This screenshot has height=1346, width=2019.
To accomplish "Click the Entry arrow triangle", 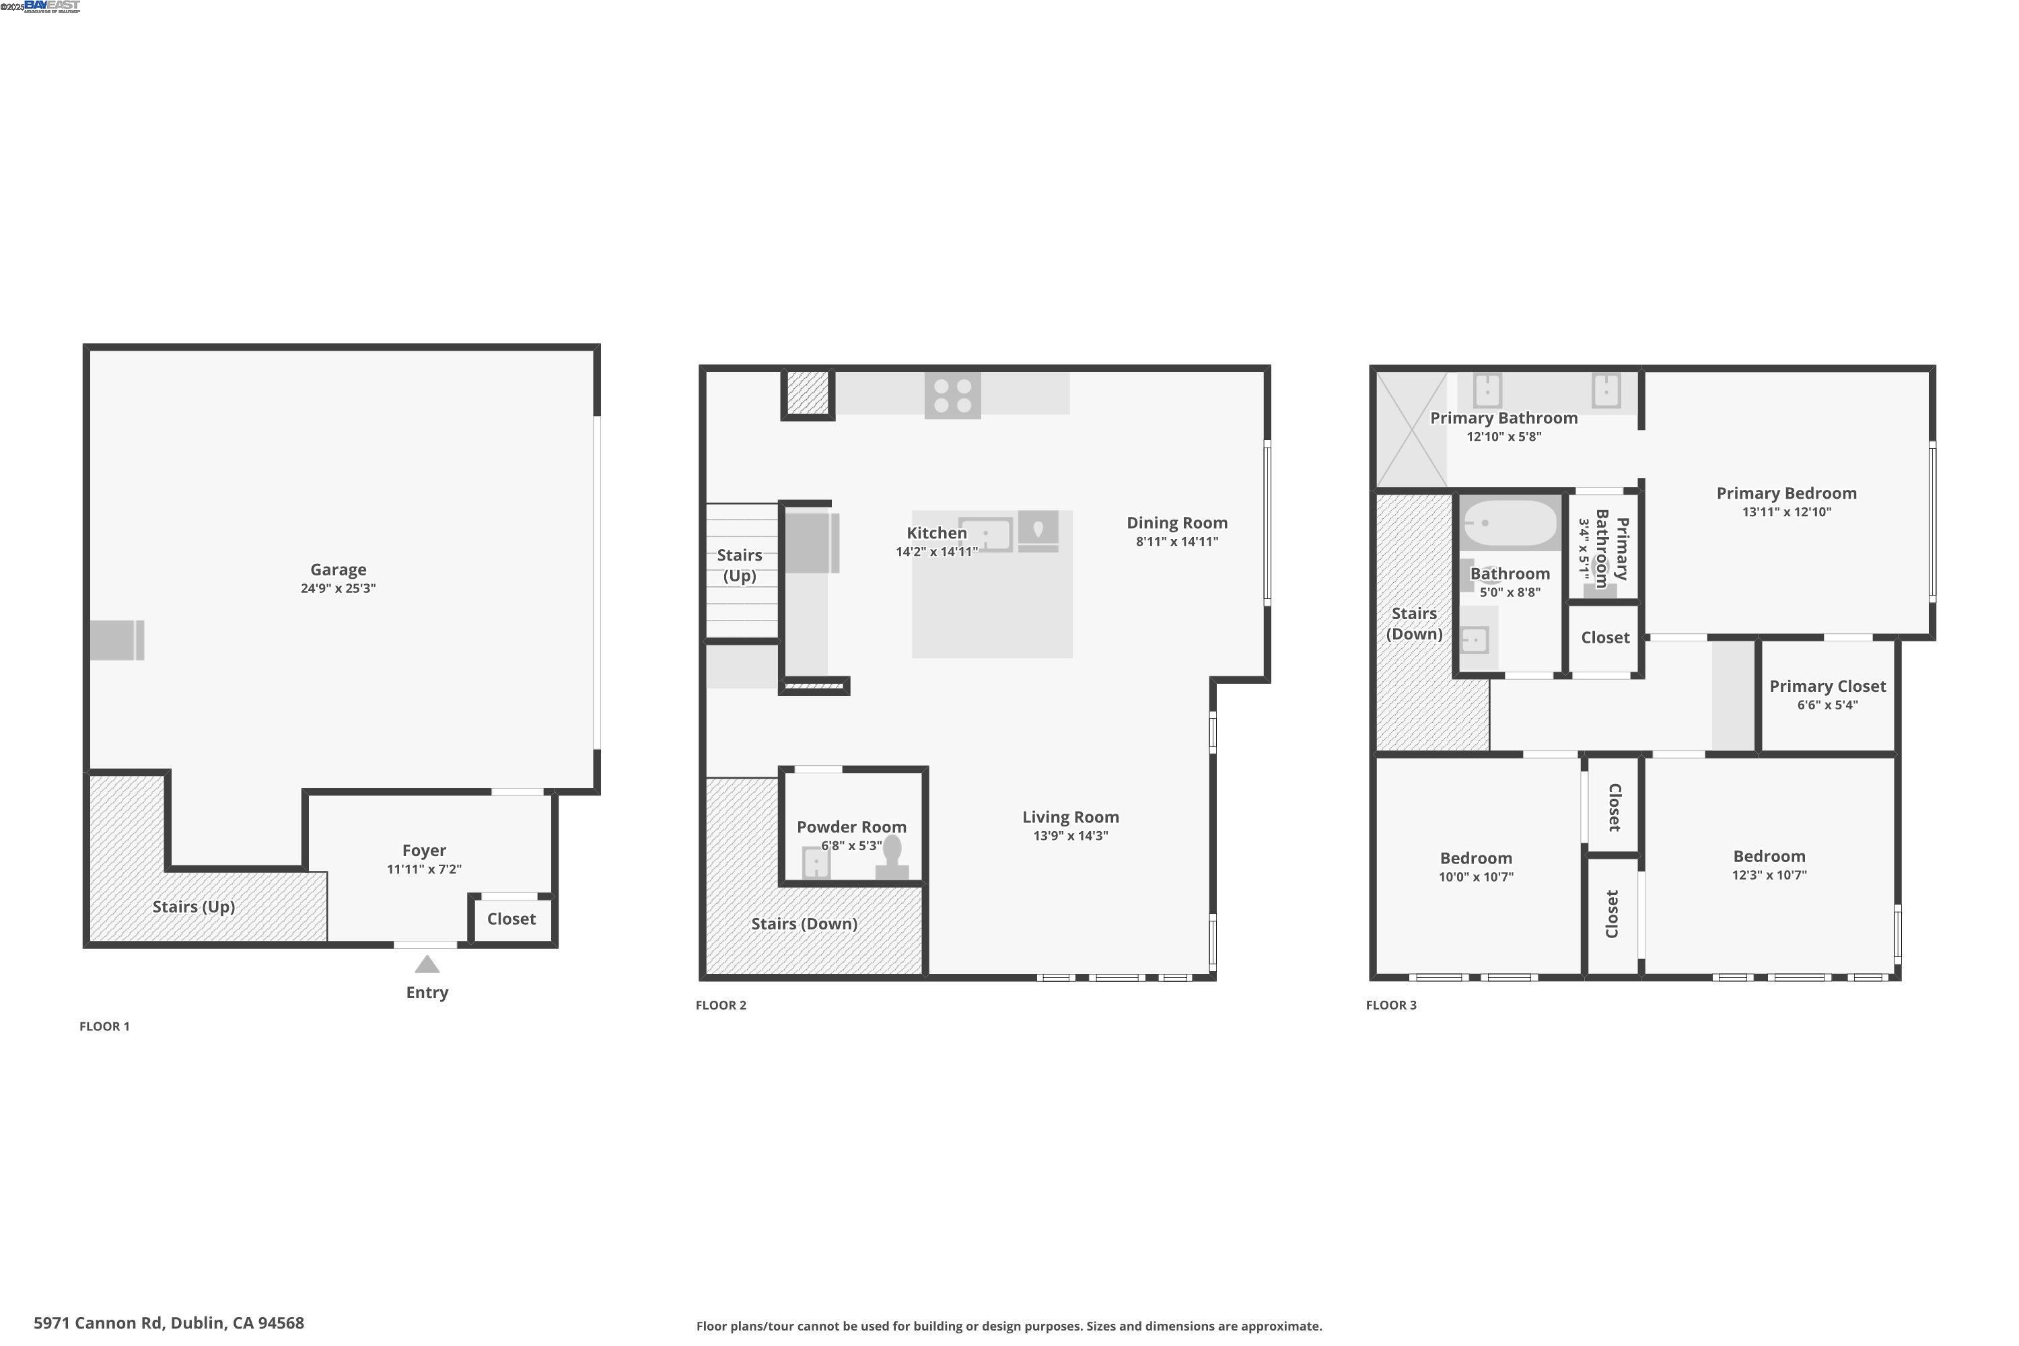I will coord(427,965).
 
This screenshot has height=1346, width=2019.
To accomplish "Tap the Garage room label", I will coord(339,570).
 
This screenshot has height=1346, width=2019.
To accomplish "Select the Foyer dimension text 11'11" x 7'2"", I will coord(424,869).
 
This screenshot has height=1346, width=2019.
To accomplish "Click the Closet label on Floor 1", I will coord(511,919).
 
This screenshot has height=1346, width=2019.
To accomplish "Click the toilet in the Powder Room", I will coord(892,857).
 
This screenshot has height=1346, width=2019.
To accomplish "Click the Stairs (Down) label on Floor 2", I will coord(804,923).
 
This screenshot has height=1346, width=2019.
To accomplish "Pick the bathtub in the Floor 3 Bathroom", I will coord(1509,523).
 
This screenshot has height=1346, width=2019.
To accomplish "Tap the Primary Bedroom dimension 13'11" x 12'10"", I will coord(1785,511).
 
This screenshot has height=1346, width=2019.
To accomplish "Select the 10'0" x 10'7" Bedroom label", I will coord(1476,859).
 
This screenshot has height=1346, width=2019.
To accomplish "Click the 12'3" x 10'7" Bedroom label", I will coord(1769,857).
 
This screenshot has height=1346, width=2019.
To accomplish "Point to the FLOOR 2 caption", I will coord(721,1005).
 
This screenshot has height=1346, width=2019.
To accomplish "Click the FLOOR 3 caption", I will coord(1390,1005).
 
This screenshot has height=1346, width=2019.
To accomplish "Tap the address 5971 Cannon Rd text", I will coord(168,1323).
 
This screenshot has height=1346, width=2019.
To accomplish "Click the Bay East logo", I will coord(52,6).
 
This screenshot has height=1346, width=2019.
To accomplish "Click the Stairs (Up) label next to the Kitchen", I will coord(739,565).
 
